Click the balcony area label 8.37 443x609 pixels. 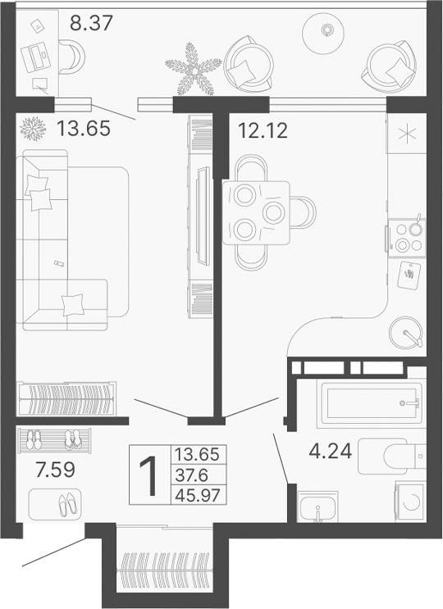90,22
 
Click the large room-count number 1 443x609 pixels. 148,476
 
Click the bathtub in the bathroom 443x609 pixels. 371,402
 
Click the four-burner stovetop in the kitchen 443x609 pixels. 405,236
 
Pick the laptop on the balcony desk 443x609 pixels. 37,57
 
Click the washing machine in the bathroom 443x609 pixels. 410,502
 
